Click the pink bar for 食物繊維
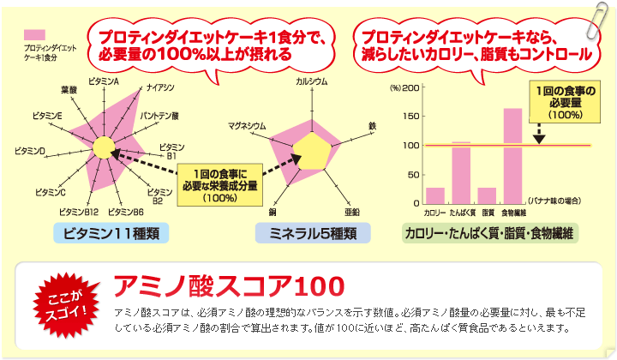coord(512,156)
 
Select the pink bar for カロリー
coord(435,195)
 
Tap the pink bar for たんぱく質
coord(461,173)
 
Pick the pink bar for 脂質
coord(487,195)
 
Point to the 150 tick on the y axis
coord(411,116)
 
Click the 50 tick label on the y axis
coord(414,174)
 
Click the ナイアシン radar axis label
coord(160,87)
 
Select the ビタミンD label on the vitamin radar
coord(30,151)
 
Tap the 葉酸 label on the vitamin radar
coord(69,90)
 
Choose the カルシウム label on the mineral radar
coord(312,81)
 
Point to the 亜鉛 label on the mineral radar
coord(352,212)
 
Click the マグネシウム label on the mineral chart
coord(247,125)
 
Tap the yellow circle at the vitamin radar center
coord(104,148)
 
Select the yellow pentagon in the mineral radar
coord(312,152)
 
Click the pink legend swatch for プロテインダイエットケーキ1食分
coord(34,34)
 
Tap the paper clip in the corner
coord(597,21)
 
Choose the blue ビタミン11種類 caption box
coord(111,233)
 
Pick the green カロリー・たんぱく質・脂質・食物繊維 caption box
coord(490,233)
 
